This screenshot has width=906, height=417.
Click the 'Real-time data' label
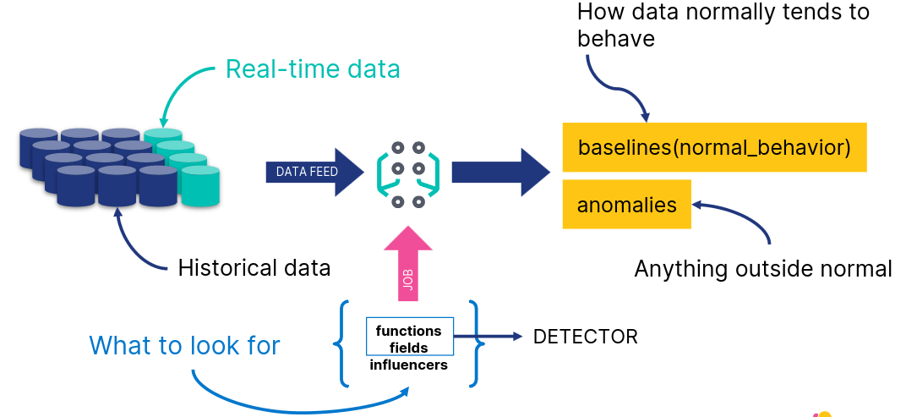(x=313, y=69)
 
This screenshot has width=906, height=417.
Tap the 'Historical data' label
(x=254, y=268)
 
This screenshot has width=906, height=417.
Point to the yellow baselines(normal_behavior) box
(x=714, y=147)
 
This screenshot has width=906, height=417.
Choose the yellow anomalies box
(x=626, y=205)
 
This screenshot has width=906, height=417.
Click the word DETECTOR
(x=585, y=337)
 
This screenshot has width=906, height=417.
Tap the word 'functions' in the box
(x=408, y=331)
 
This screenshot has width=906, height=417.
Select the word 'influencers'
(x=409, y=365)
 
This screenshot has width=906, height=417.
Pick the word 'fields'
(x=409, y=348)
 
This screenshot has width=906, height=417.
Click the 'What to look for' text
(x=184, y=345)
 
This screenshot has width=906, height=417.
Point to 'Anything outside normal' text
(x=762, y=269)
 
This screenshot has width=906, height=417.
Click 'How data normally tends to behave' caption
(x=723, y=25)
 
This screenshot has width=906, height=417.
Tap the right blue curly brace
(x=475, y=343)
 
